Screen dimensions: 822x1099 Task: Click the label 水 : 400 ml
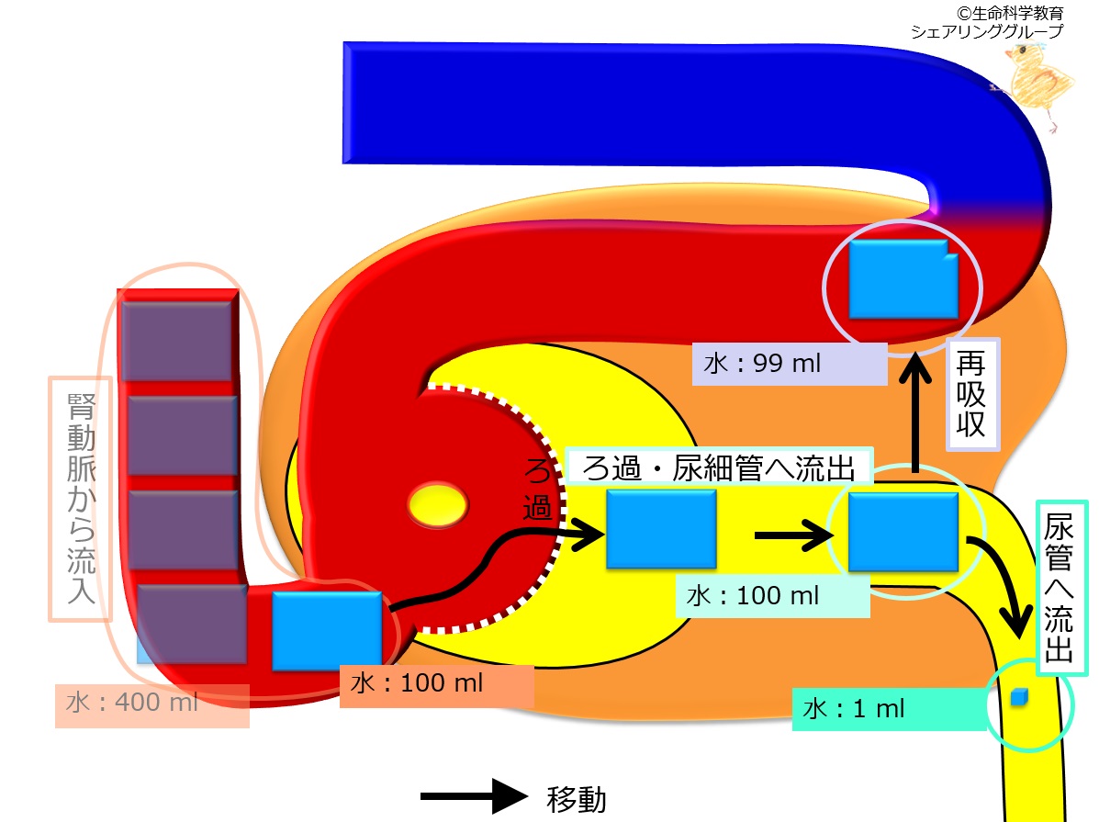click(x=152, y=705)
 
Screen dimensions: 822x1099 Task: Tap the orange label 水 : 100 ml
click(x=436, y=686)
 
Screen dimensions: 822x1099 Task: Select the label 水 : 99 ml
click(x=791, y=363)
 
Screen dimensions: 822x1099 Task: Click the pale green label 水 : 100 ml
click(x=771, y=596)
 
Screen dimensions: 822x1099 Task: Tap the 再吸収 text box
click(x=973, y=395)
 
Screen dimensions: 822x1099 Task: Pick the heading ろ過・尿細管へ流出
click(x=717, y=468)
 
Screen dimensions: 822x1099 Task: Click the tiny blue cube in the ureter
click(x=1017, y=699)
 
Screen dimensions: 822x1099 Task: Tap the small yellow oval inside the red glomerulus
click(x=438, y=504)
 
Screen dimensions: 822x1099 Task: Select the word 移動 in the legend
click(x=577, y=799)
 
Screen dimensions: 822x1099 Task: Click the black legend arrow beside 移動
click(x=475, y=796)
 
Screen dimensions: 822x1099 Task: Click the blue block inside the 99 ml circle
click(x=903, y=278)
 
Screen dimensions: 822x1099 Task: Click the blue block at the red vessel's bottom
click(x=327, y=630)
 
